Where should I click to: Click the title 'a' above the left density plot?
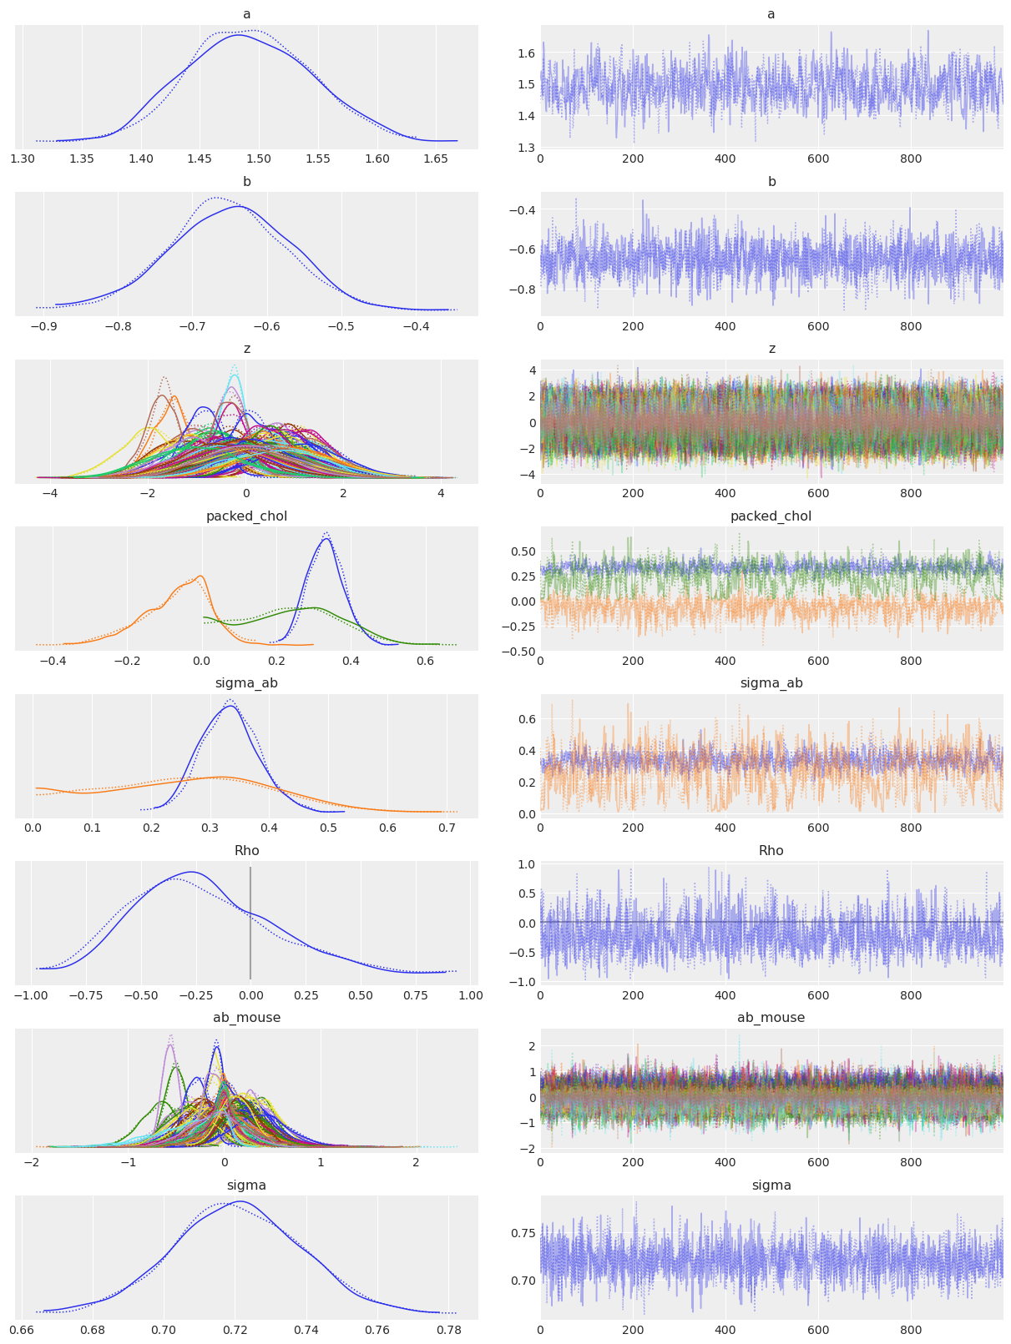246,14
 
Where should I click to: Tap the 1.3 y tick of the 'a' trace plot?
525,148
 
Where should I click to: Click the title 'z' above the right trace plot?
771,349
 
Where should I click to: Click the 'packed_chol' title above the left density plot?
246,516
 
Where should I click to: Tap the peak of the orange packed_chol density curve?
200,576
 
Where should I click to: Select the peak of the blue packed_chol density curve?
326,539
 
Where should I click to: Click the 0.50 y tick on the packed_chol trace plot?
523,551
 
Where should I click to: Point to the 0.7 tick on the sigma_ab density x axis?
447,828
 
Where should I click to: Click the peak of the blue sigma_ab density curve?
230,707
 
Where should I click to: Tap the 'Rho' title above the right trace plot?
771,851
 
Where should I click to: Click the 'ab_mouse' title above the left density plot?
246,1018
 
